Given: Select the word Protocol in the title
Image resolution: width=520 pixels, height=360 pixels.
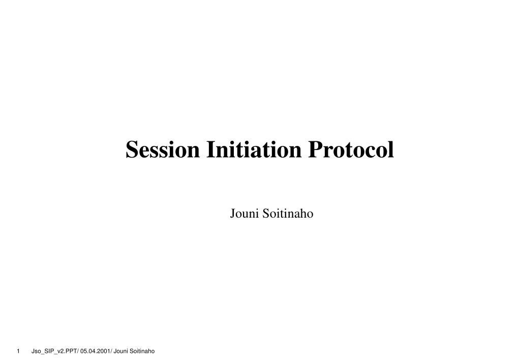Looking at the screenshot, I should [350, 149].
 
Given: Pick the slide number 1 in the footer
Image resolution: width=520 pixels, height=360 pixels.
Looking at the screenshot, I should [18, 351].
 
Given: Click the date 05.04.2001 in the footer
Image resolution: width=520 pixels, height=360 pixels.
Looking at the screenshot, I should [96, 351].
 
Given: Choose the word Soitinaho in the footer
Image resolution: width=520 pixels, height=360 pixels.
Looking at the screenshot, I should [142, 351].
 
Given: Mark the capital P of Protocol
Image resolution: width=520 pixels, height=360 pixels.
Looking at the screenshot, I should [314, 149].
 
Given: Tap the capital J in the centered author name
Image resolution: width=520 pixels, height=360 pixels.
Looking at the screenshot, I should [233, 214].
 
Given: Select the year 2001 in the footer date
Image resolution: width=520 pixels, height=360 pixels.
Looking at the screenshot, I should [103, 351].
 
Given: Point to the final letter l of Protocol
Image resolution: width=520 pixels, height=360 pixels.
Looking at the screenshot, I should [391, 149].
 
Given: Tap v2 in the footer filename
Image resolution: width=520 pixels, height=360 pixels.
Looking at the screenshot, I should [60, 351].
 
